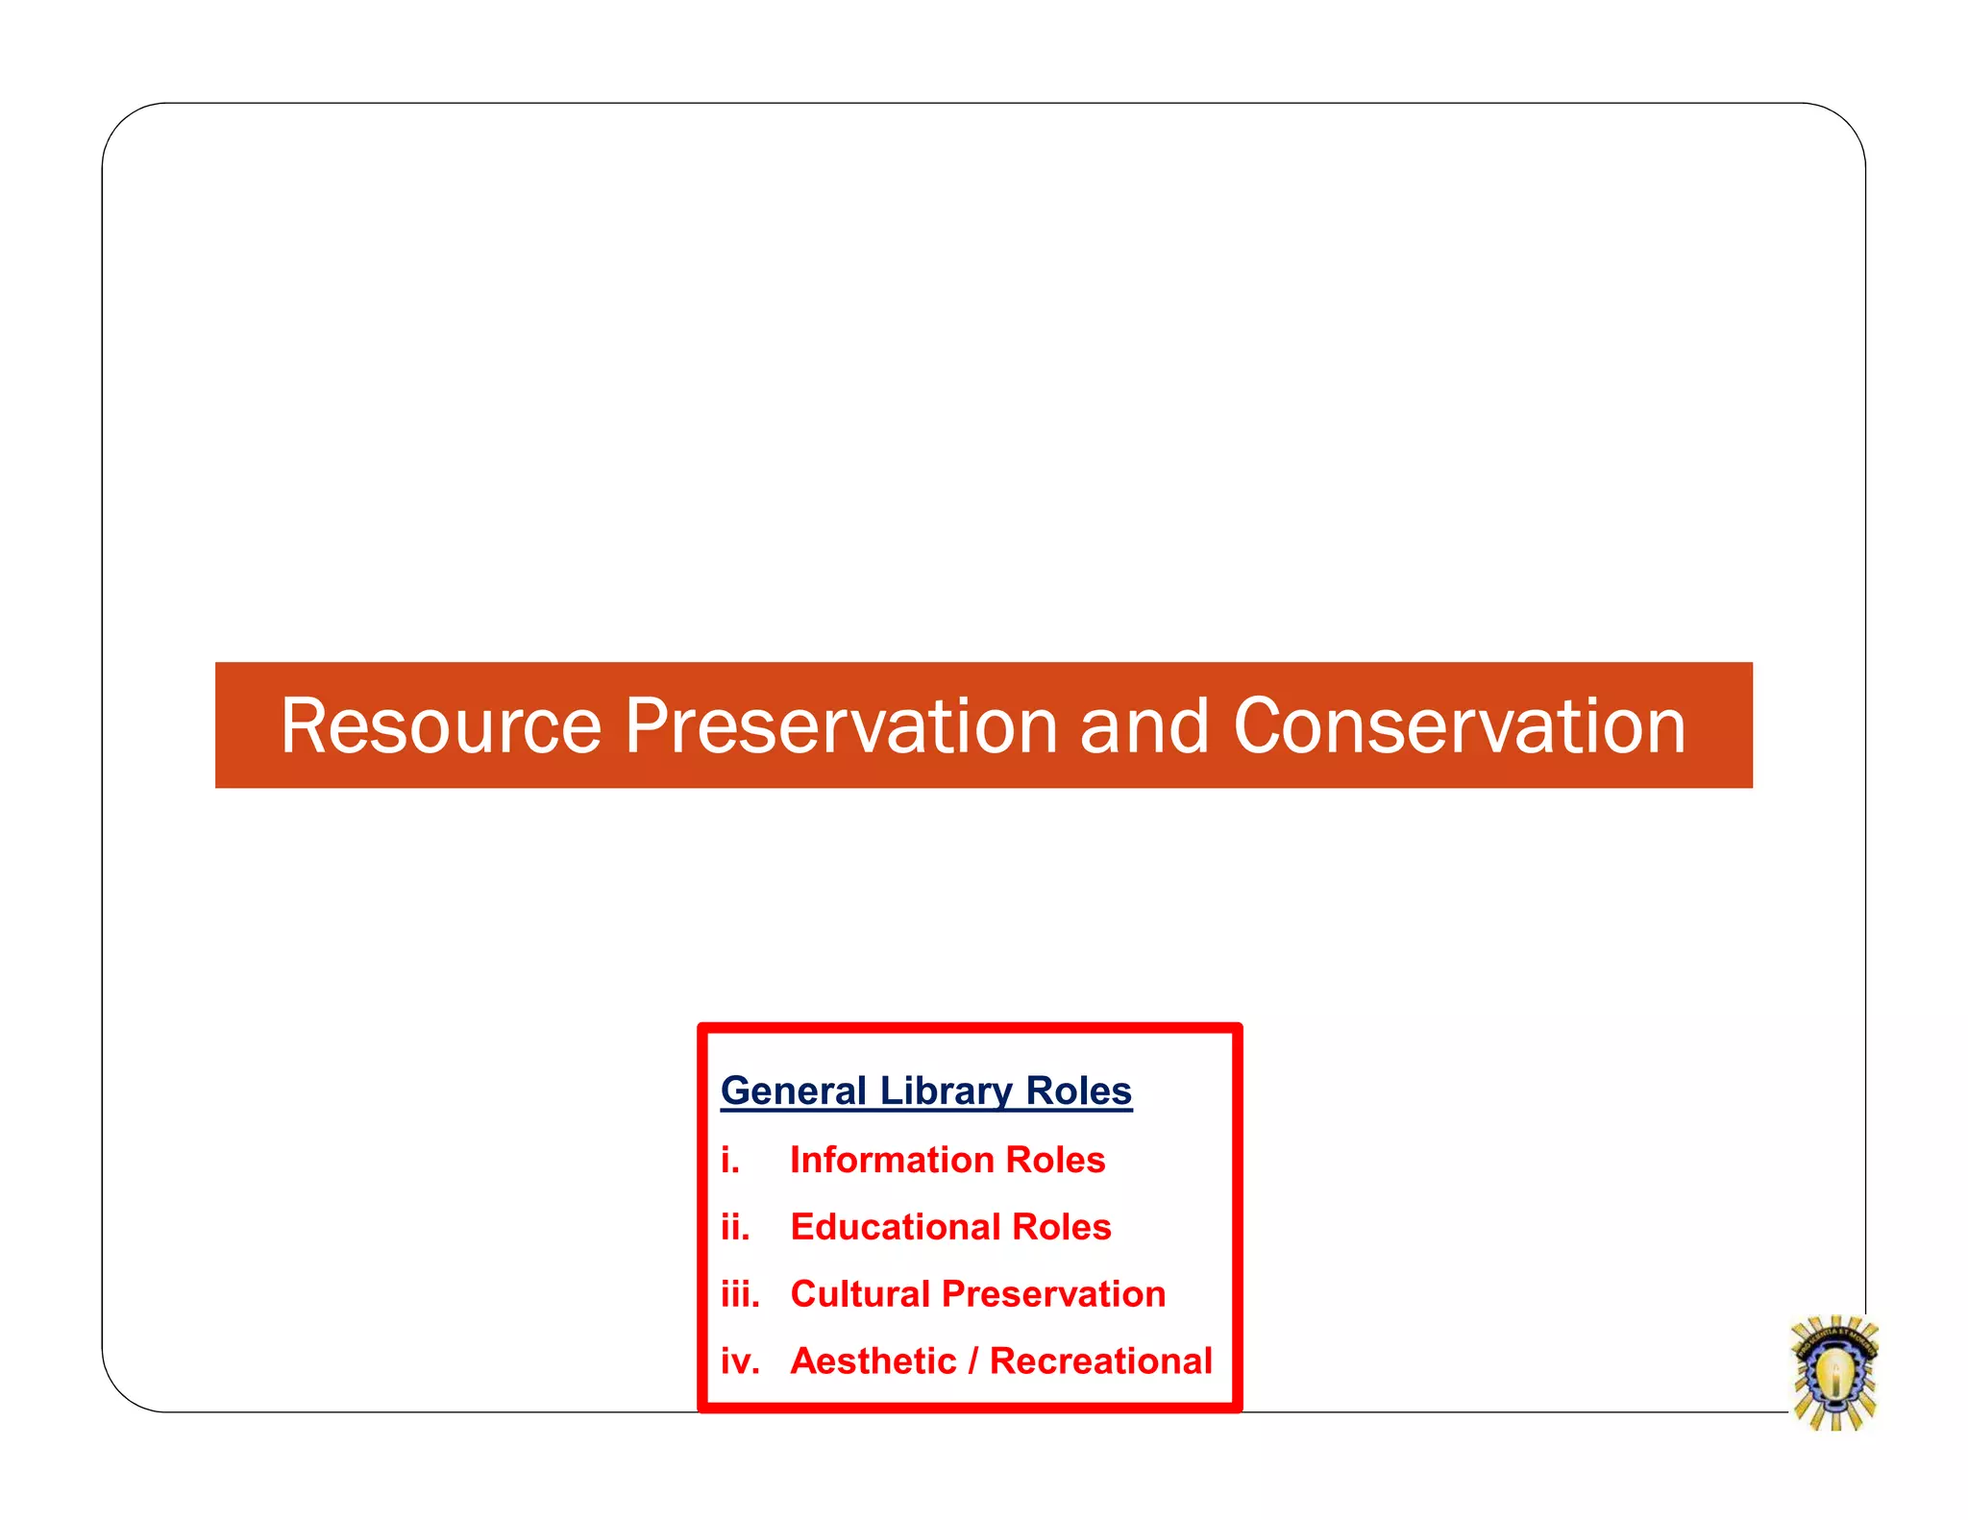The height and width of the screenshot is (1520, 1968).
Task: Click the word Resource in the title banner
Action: (x=440, y=726)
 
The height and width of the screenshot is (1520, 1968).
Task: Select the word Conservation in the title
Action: (x=1459, y=726)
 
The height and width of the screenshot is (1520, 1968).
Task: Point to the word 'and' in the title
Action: (x=1144, y=726)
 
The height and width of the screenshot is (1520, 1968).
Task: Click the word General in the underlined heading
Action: (x=794, y=1091)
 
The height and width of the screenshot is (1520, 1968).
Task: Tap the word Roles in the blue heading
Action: (x=1078, y=1091)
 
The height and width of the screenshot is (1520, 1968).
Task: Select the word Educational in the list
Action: (x=895, y=1228)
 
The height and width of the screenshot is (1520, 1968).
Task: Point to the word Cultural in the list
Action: (x=860, y=1295)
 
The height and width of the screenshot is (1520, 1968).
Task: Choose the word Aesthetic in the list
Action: (x=873, y=1362)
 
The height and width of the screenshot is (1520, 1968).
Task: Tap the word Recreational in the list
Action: (x=1101, y=1362)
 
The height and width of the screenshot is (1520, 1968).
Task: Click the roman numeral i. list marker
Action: (x=730, y=1161)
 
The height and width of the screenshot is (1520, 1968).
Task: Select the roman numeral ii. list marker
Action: (x=735, y=1228)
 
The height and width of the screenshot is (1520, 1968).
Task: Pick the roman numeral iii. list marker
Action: (x=740, y=1295)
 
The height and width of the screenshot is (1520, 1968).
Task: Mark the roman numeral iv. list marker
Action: (x=740, y=1362)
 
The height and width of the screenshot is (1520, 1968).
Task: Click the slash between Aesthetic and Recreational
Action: (x=973, y=1362)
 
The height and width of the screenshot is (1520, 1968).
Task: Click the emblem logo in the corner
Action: (x=1834, y=1373)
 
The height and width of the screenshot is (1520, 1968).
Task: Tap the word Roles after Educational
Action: (x=1061, y=1228)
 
